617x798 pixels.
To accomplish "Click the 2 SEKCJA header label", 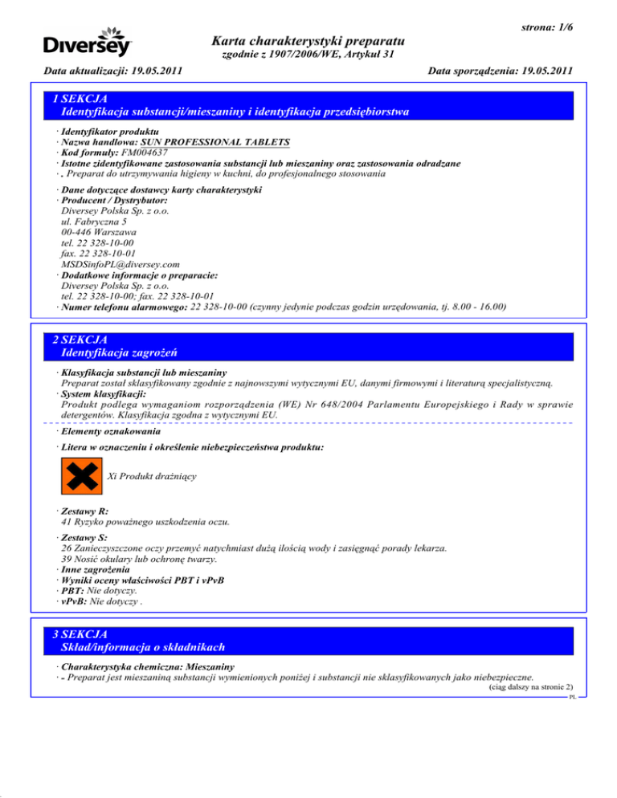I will click(83, 340).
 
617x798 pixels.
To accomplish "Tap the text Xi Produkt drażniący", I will click(152, 475).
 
